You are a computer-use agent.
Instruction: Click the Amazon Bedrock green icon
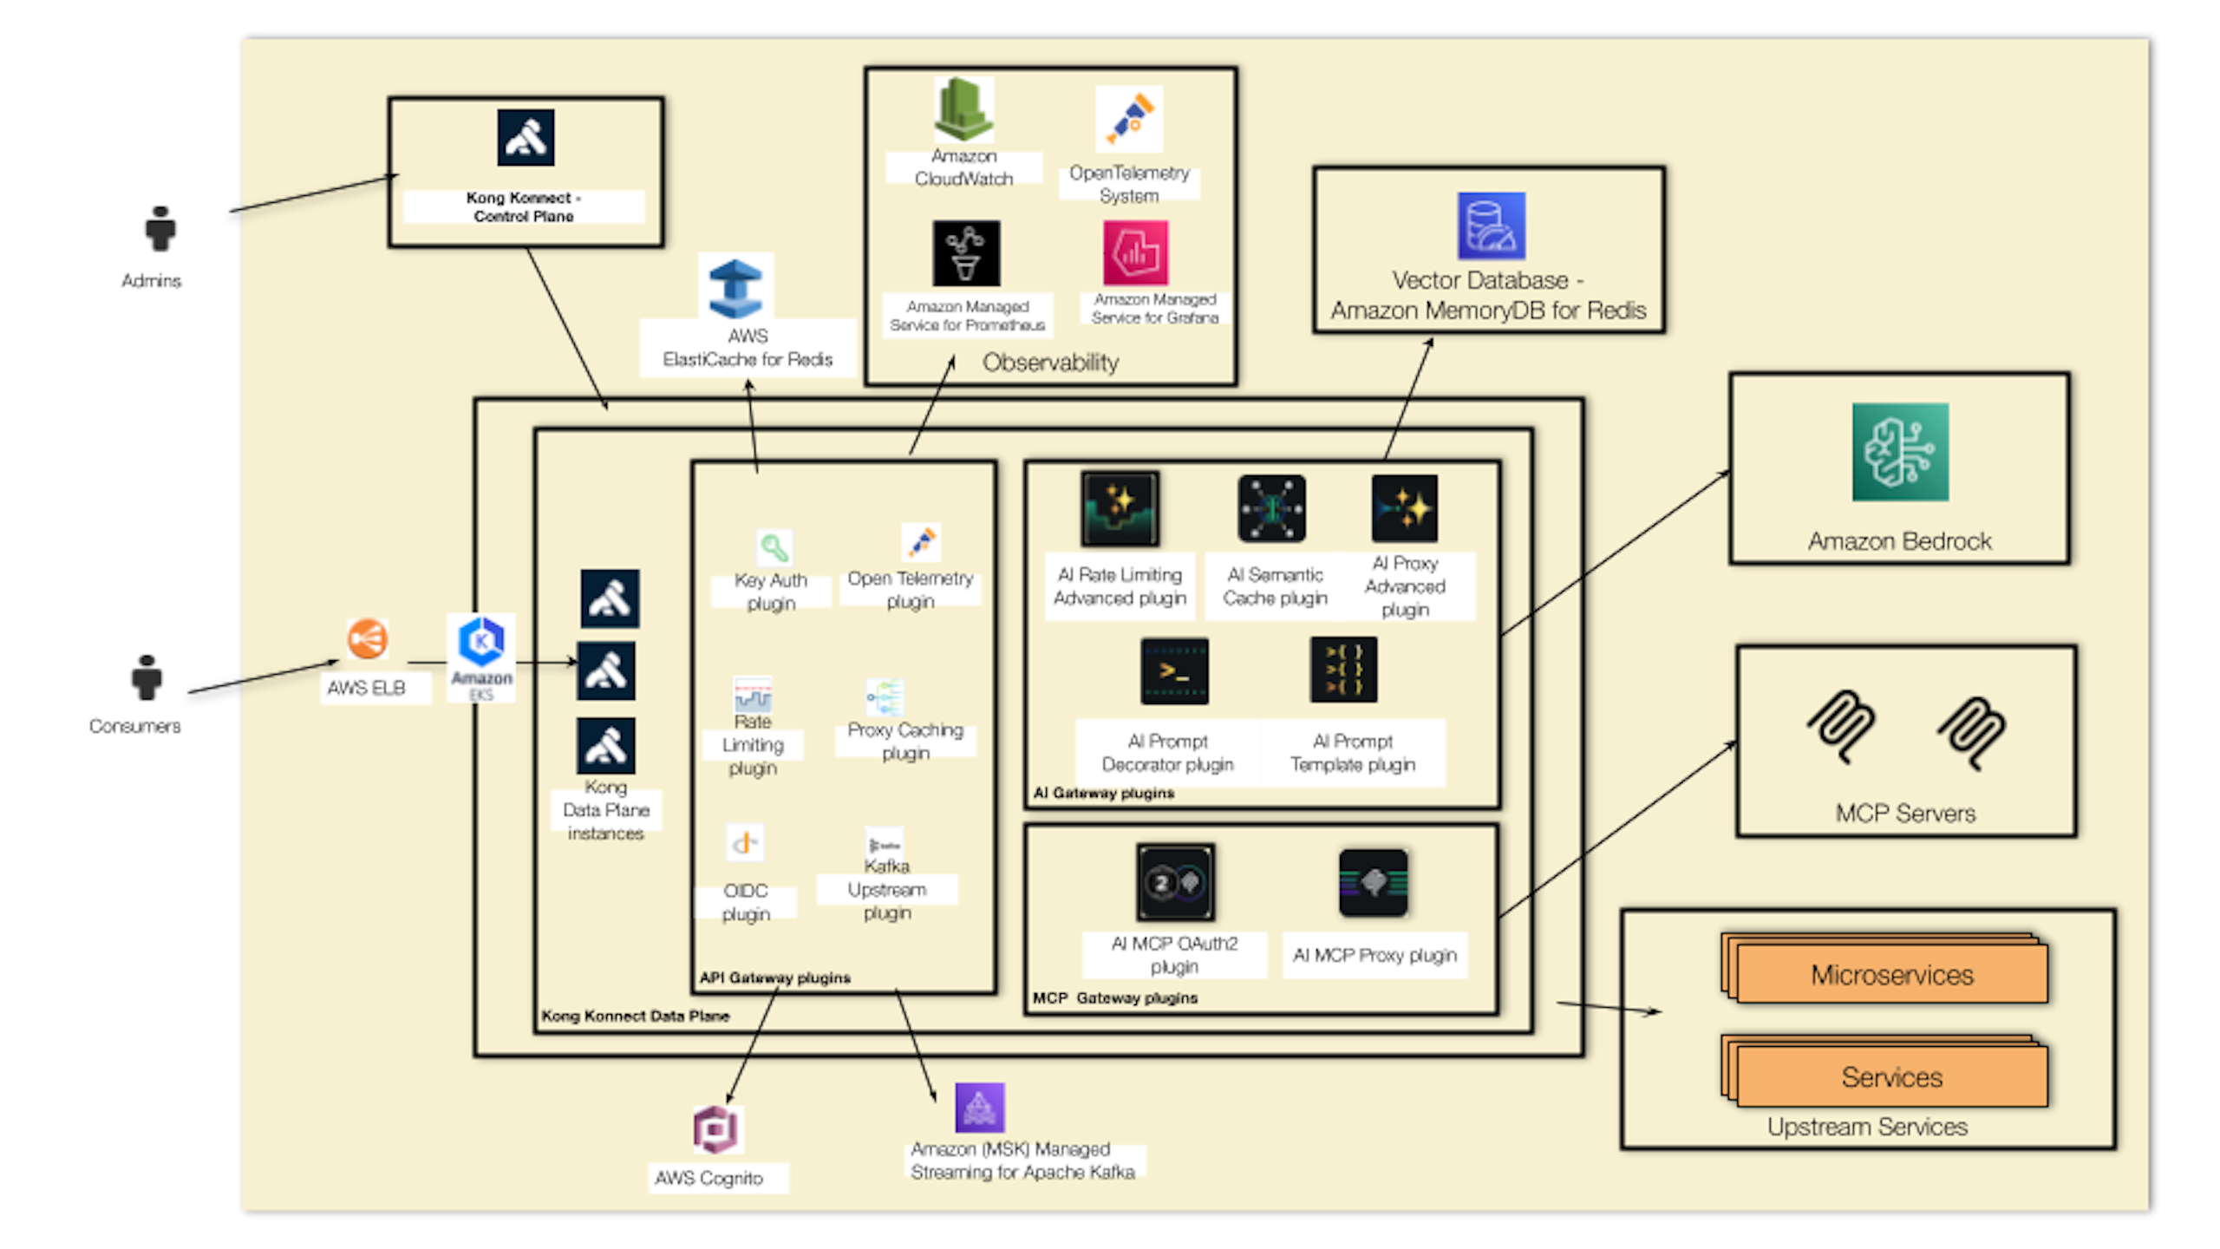coord(1899,452)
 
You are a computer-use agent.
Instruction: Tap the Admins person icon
coord(160,229)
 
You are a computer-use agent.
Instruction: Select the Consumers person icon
coord(147,677)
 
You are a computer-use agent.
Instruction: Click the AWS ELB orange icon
coord(367,640)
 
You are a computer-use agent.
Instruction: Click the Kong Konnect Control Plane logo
coord(526,138)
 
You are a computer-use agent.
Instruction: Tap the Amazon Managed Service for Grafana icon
coord(1135,252)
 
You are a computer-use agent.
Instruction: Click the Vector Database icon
coord(1491,226)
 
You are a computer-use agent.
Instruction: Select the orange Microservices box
coord(1891,974)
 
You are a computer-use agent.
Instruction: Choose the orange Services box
coord(1891,1076)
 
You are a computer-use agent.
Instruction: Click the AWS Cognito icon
coord(715,1129)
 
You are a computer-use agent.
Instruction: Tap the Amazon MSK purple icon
coord(979,1108)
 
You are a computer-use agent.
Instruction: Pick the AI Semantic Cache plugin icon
coord(1271,508)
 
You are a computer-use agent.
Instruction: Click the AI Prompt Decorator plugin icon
coord(1174,671)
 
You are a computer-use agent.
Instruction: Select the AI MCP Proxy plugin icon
coord(1373,883)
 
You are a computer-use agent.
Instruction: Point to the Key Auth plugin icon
coord(774,548)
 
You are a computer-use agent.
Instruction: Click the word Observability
coord(1050,363)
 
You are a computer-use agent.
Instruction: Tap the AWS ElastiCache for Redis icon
coord(735,288)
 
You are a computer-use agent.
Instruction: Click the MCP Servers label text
coord(1905,814)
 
